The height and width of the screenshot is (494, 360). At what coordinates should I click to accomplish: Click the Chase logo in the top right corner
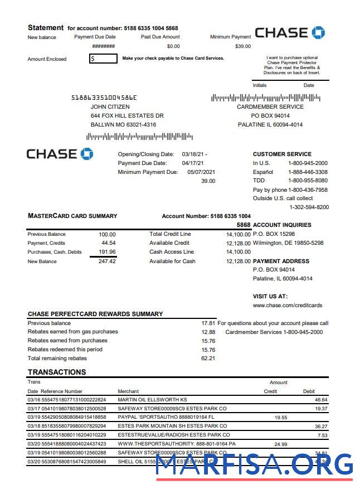pyautogui.click(x=290, y=32)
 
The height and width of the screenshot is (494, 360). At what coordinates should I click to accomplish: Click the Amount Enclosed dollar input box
pyautogui.click(x=103, y=58)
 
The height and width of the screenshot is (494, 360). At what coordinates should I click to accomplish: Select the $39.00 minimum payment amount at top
pyautogui.click(x=243, y=46)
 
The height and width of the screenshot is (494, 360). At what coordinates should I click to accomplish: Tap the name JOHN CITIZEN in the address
pyautogui.click(x=110, y=106)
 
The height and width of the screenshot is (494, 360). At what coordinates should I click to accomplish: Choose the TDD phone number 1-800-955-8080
pyautogui.click(x=308, y=181)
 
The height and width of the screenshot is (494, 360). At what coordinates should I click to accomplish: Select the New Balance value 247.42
pyautogui.click(x=107, y=261)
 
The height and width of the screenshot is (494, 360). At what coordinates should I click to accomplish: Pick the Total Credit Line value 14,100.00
pyautogui.click(x=239, y=234)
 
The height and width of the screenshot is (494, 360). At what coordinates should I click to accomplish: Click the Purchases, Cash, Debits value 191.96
pyautogui.click(x=107, y=252)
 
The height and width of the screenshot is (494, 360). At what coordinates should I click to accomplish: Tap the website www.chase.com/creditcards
pyautogui.click(x=288, y=305)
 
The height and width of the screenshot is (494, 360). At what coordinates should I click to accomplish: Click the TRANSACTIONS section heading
pyautogui.click(x=57, y=372)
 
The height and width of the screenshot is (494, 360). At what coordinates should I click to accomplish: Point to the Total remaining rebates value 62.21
pyautogui.click(x=208, y=358)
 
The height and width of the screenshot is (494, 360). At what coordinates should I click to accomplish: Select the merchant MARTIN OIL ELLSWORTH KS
pyautogui.click(x=152, y=400)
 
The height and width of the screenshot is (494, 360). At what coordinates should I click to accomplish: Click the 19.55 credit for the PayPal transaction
pyautogui.click(x=281, y=417)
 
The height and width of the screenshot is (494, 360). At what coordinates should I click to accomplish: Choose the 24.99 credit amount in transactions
pyautogui.click(x=281, y=444)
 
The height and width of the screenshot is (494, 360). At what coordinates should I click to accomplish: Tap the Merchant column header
pyautogui.click(x=128, y=391)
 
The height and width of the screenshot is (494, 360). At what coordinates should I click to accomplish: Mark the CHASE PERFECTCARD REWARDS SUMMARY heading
pyautogui.click(x=95, y=314)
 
